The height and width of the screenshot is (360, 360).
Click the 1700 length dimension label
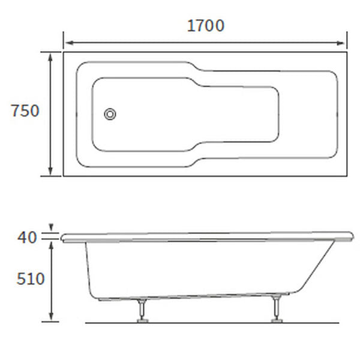[206, 26]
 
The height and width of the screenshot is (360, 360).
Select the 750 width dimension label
[25, 111]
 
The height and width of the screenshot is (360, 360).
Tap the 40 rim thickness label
[28, 238]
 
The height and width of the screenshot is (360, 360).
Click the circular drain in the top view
[110, 114]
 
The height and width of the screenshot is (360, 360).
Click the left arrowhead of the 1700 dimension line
[67, 43]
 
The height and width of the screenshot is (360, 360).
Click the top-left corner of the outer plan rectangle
[64, 52]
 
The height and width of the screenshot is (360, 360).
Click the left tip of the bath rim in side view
[62, 237]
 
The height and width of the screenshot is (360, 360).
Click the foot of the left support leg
[143, 320]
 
